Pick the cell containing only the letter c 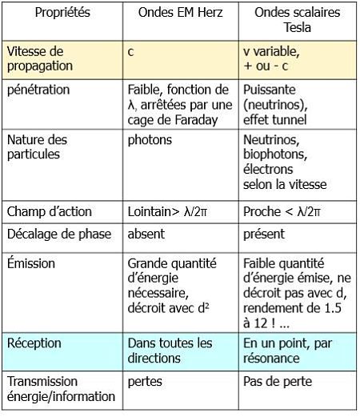click(130, 51)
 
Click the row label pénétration click(38, 90)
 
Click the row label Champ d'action click(50, 212)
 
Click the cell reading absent click(149, 235)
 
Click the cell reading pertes click(145, 381)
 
